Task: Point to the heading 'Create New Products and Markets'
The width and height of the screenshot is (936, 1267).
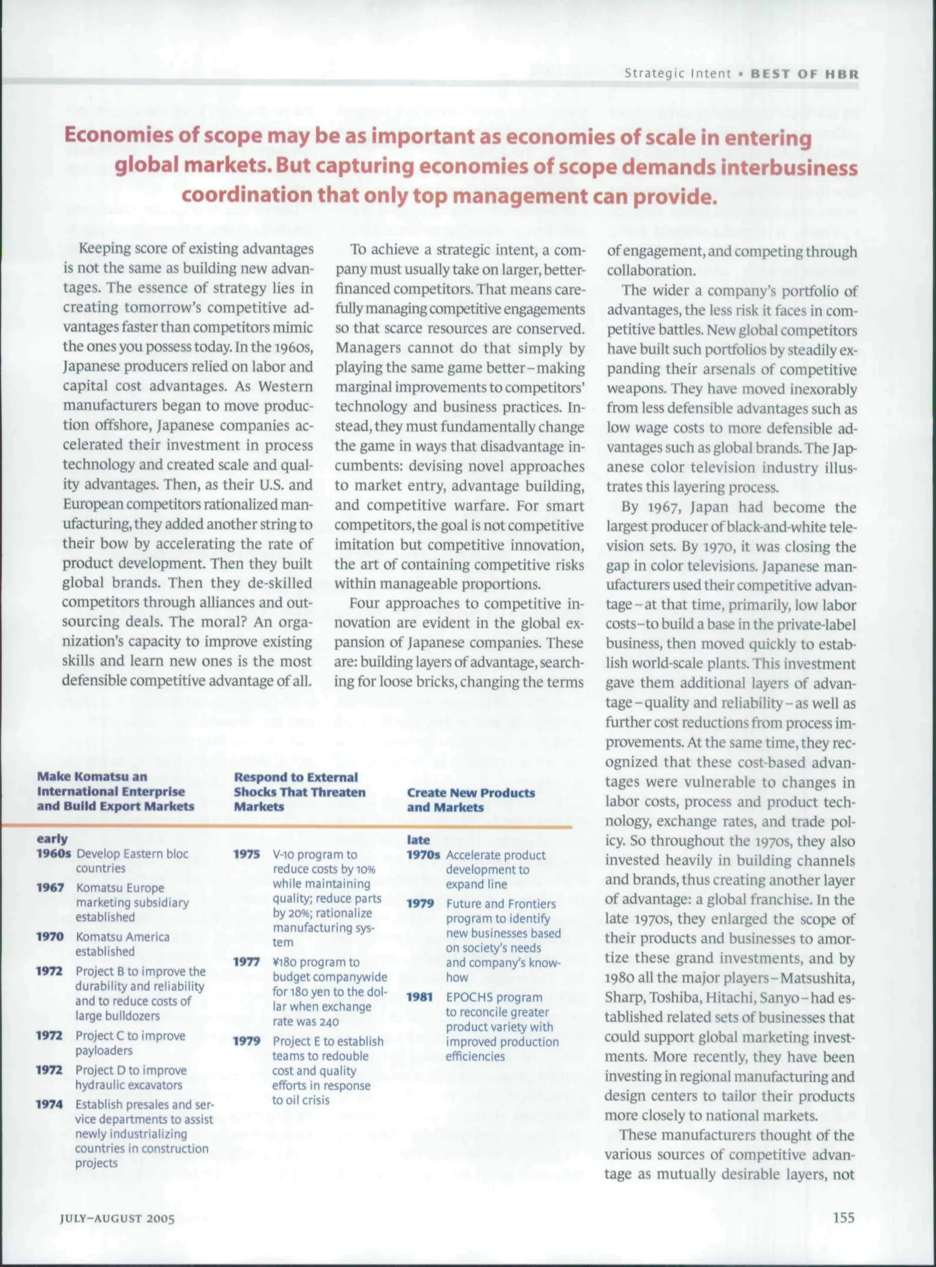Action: tap(470, 800)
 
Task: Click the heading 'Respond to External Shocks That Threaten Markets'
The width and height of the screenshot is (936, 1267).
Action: tap(299, 792)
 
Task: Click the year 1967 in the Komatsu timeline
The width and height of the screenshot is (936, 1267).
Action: tap(50, 887)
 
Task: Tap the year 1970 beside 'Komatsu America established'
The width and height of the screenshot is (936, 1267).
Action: tap(50, 937)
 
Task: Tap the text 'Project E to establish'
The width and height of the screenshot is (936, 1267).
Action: tap(328, 1041)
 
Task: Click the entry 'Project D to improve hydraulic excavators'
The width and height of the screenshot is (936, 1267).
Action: tap(130, 1077)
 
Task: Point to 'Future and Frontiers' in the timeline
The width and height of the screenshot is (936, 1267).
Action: tap(500, 904)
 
